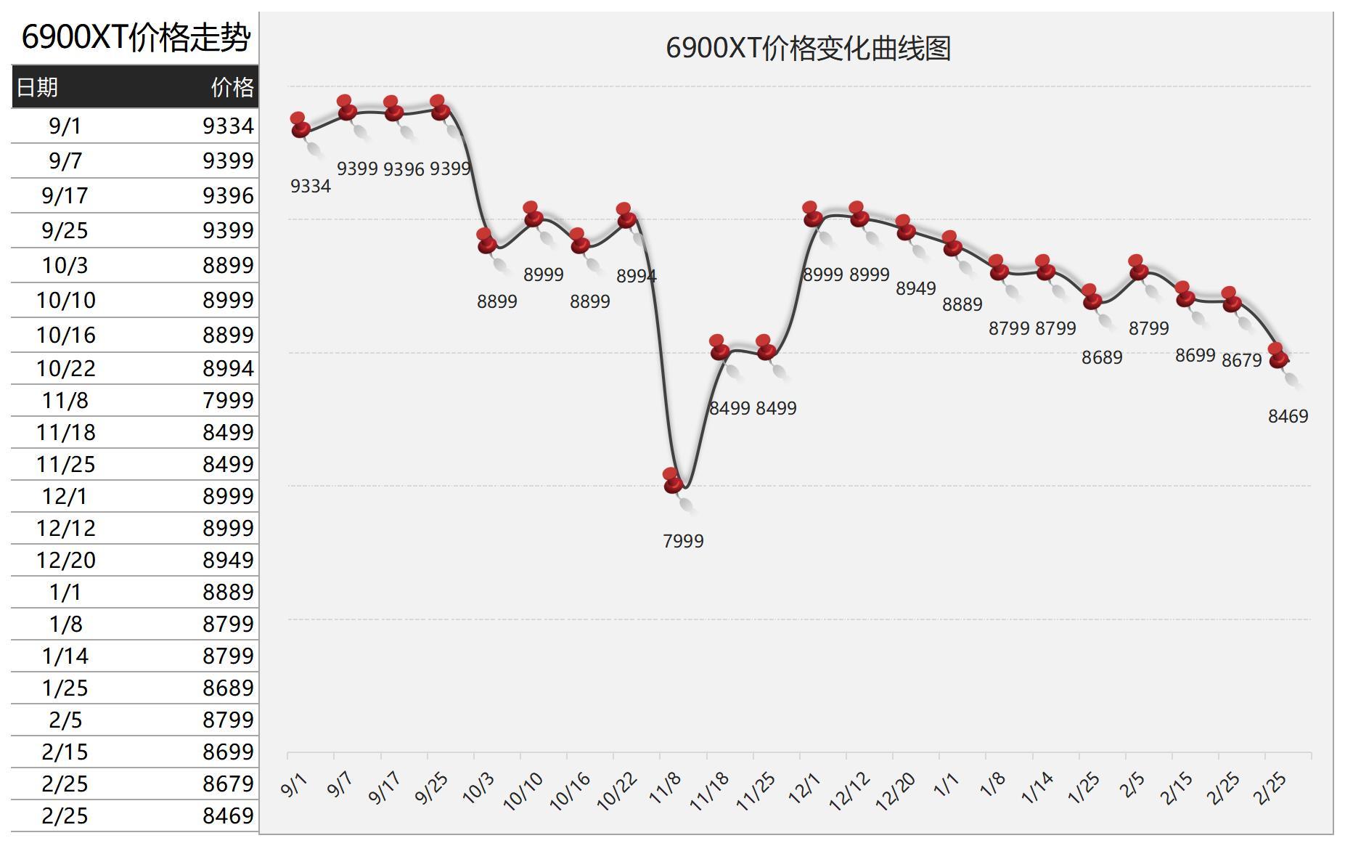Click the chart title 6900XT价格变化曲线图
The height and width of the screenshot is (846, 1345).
(x=808, y=49)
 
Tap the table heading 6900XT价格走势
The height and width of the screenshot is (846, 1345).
(x=136, y=37)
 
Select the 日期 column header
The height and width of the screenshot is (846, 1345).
(x=37, y=87)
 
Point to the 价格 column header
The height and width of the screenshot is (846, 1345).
(x=232, y=87)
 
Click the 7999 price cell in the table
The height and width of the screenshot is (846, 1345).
(x=228, y=400)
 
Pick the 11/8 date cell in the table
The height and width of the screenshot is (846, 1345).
(x=65, y=400)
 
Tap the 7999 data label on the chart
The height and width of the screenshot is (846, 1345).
(x=683, y=541)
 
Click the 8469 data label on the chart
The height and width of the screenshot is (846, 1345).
(x=1288, y=416)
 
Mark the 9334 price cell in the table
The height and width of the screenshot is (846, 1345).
(x=228, y=126)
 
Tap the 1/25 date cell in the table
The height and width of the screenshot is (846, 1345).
(x=65, y=688)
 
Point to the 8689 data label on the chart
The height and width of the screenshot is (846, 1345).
(x=1102, y=357)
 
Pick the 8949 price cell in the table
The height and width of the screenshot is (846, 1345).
(x=228, y=560)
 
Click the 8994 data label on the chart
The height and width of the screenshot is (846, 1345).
(x=636, y=276)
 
